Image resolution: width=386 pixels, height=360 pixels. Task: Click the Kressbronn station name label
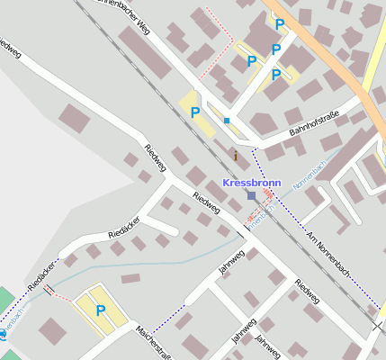point(251,182)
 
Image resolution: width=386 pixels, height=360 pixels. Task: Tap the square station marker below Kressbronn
point(251,195)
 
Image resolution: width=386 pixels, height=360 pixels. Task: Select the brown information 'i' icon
point(236,156)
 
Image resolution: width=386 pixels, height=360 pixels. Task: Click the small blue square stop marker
point(228,121)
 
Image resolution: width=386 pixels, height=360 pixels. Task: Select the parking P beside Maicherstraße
point(101,310)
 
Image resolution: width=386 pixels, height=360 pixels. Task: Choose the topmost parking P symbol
point(280,24)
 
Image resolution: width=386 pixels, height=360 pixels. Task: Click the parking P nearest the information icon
point(194,112)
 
